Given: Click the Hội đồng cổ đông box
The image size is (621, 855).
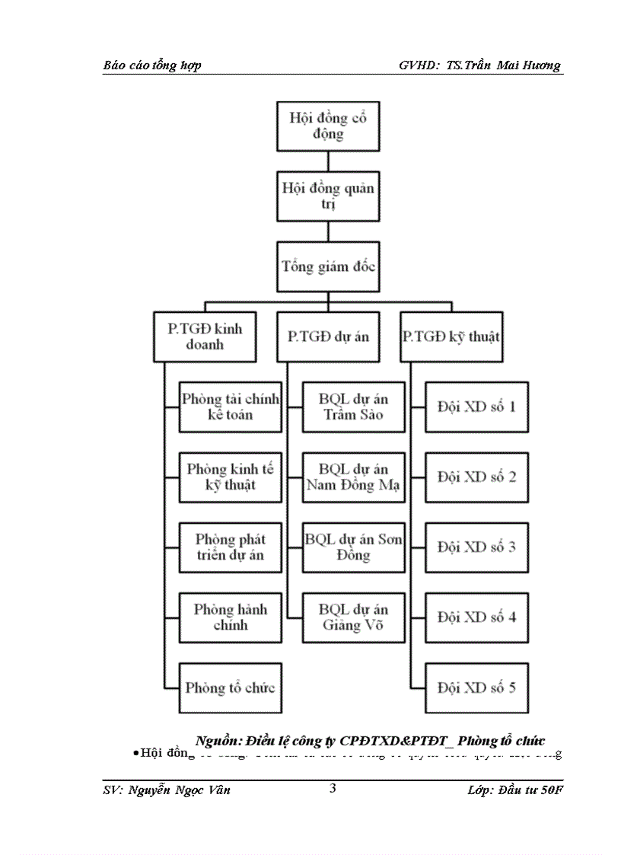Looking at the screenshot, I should click(328, 126).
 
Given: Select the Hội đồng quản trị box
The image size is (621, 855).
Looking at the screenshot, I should click(328, 196).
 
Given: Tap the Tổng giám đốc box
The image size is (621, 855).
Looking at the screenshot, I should click(328, 266).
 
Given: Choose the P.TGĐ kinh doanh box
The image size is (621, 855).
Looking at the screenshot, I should click(205, 336).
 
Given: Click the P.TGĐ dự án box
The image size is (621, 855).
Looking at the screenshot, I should click(328, 336).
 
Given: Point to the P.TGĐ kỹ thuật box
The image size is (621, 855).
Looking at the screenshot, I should click(451, 336).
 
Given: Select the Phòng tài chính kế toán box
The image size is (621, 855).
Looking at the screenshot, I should click(231, 407).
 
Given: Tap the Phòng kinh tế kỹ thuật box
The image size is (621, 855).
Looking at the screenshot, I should click(231, 477).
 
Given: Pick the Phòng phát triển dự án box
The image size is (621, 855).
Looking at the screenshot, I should click(231, 547).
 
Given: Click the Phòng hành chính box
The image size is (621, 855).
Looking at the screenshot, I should click(231, 617).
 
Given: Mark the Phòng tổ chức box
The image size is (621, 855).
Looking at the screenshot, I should click(231, 688).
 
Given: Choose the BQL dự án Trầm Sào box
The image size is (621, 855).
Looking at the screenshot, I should click(353, 407).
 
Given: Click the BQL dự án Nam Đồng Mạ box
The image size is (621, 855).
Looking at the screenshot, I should click(353, 477).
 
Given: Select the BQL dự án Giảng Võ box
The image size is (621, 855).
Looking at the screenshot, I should click(353, 617).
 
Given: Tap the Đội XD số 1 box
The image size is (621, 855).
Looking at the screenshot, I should click(476, 407).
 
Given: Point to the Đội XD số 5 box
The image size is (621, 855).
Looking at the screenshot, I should click(476, 688).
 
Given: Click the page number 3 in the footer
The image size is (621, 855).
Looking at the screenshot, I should click(333, 788).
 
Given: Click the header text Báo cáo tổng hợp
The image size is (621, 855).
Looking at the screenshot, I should click(152, 65).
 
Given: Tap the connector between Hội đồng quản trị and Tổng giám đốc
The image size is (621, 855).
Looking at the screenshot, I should click(328, 231).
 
